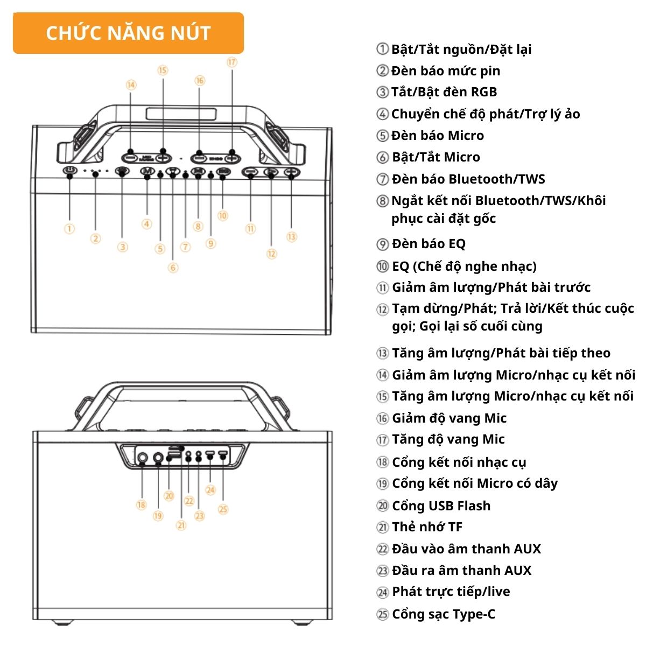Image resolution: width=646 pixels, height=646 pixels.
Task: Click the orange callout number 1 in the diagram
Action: point(69,229)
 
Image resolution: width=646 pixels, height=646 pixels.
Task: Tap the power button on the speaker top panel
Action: point(70,170)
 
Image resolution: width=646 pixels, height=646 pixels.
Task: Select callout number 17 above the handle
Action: point(232,62)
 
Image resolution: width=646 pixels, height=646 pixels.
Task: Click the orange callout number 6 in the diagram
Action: point(173,268)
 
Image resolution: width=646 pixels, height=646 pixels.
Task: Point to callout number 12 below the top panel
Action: point(271,254)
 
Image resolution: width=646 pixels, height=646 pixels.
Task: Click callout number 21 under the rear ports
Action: point(181,525)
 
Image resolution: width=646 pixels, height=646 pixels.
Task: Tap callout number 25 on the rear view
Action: point(223,509)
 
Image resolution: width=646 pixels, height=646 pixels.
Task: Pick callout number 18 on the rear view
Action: point(142,505)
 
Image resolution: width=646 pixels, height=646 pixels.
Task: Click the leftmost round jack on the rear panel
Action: point(143,457)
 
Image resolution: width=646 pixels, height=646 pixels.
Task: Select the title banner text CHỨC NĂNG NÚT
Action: point(129,33)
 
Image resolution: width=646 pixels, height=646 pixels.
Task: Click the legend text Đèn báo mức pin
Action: point(446,71)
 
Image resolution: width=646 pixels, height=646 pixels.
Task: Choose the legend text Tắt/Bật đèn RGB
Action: point(444,92)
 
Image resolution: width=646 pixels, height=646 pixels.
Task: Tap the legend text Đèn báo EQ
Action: point(429,244)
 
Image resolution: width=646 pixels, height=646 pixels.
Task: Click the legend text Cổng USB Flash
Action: point(441,505)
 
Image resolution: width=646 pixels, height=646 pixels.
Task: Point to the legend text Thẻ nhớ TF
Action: point(427,527)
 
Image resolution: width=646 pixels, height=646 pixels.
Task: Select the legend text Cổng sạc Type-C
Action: point(444,614)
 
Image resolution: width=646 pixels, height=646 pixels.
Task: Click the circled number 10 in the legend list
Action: point(383,266)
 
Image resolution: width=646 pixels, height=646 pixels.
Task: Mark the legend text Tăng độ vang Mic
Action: point(448,439)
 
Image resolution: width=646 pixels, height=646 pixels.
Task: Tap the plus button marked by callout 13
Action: point(292,172)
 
